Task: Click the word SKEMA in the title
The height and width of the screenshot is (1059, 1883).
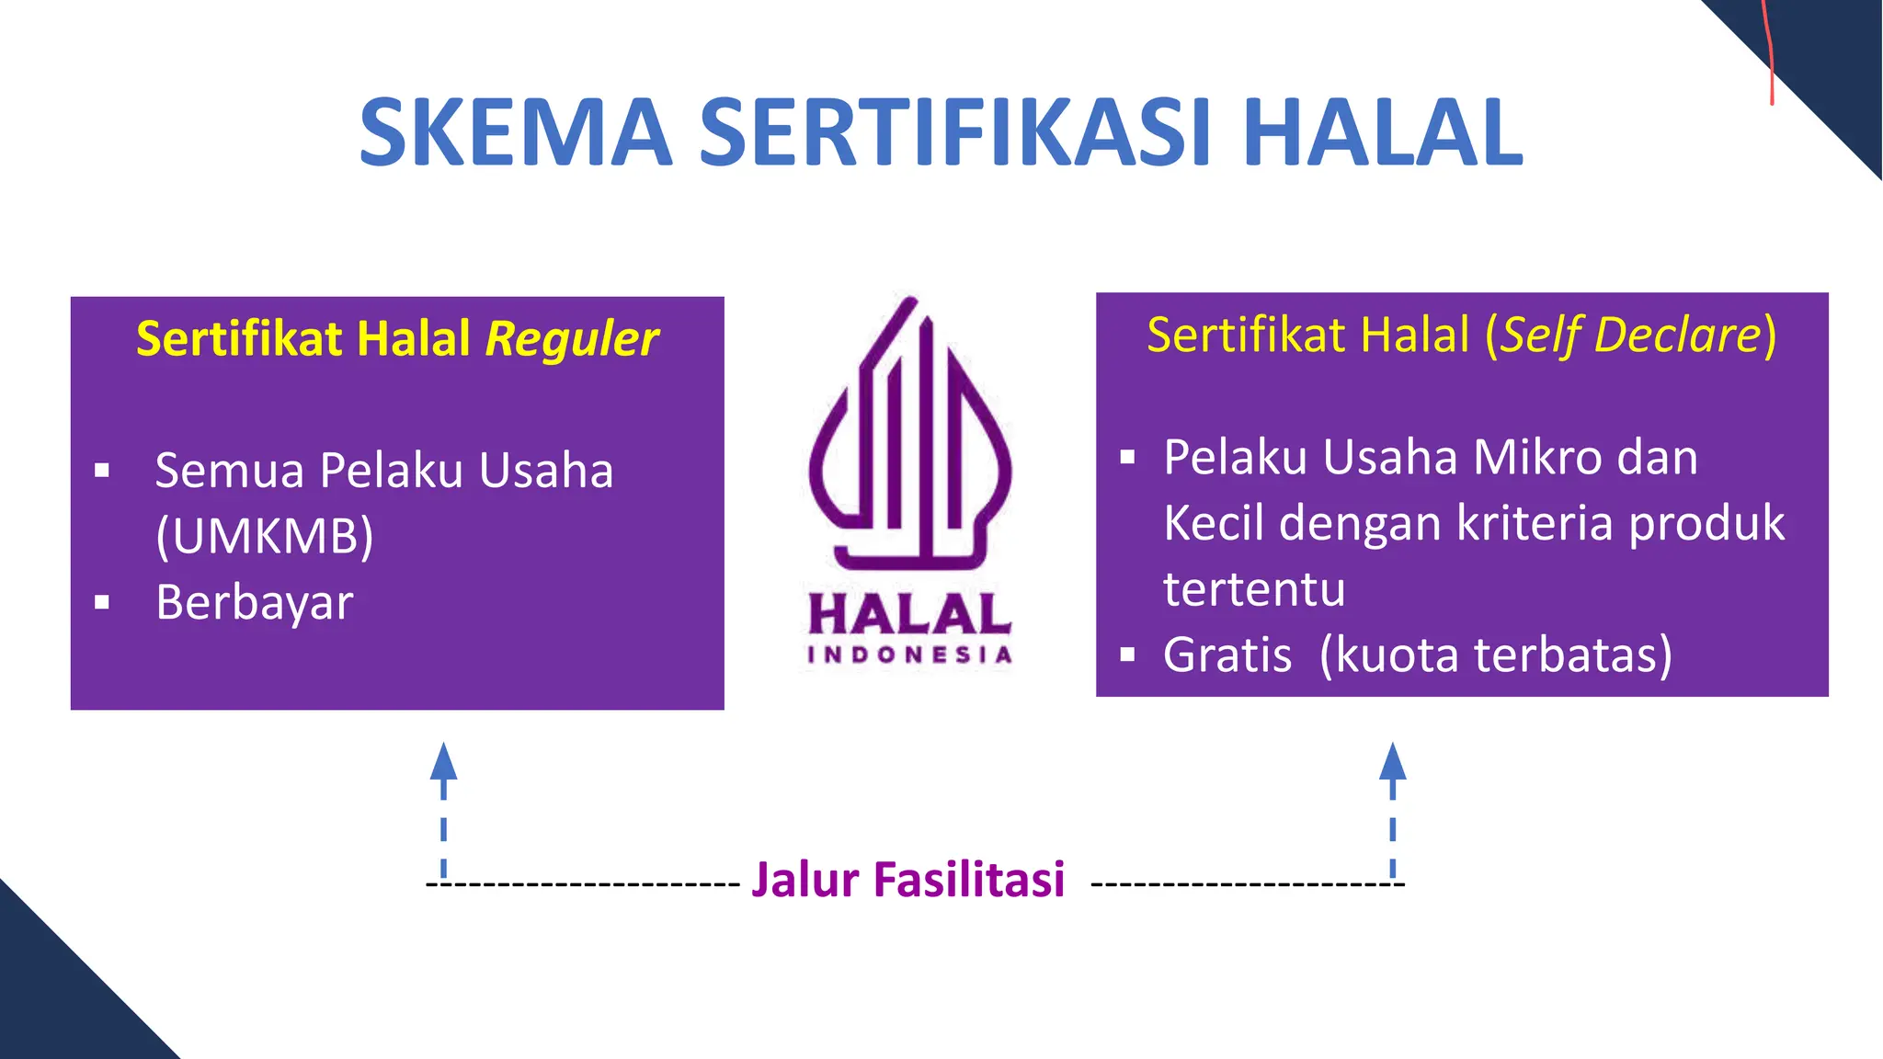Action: click(516, 133)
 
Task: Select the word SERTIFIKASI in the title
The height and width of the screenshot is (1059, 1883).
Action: click(955, 133)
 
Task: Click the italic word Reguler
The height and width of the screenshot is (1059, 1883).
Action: click(572, 339)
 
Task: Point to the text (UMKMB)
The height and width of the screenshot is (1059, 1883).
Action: click(265, 536)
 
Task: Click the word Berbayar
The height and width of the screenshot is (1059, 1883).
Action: click(255, 603)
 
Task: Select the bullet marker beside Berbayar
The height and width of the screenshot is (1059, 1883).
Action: click(102, 604)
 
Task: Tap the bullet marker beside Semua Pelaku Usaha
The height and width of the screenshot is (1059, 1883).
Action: click(102, 472)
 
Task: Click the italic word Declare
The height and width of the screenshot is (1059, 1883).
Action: click(1677, 335)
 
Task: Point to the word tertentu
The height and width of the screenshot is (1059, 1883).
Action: click(1254, 589)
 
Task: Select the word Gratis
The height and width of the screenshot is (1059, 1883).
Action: click(1227, 655)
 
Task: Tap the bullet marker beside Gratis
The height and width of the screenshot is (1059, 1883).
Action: click(1128, 655)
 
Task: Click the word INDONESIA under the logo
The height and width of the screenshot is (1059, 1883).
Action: click(909, 655)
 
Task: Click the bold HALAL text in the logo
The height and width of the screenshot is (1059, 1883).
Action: click(909, 614)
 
